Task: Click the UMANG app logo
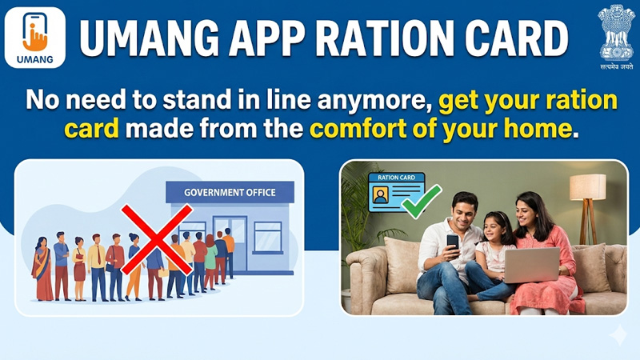click(x=35, y=37)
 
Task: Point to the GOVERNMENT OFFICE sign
click(x=230, y=192)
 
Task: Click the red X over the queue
click(x=156, y=238)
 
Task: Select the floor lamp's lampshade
click(x=588, y=186)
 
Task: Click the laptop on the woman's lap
click(x=531, y=265)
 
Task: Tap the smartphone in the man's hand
click(x=453, y=241)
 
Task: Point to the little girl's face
click(x=494, y=227)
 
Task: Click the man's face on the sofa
click(x=462, y=210)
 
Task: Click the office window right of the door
click(x=267, y=236)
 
